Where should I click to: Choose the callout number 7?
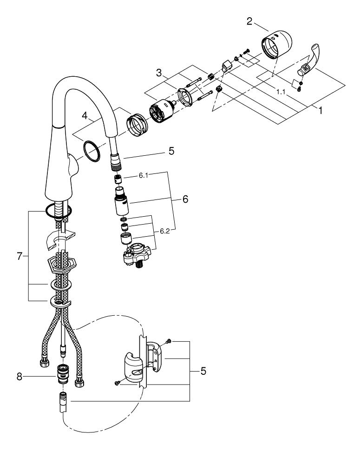20,256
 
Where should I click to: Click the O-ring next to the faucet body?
92,152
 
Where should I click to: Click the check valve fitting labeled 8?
60,372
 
